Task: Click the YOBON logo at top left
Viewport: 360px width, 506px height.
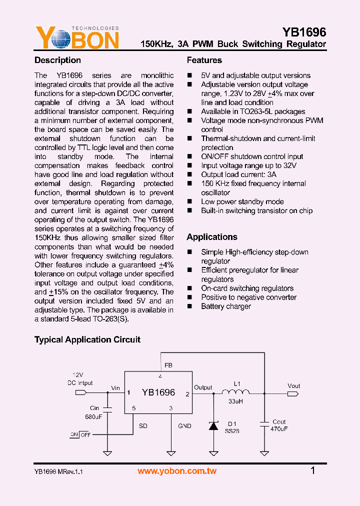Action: pos(77,38)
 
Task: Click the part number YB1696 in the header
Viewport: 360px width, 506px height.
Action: pos(304,32)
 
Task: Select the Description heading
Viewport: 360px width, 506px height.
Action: pos(57,60)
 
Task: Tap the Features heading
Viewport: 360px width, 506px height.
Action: pos(204,60)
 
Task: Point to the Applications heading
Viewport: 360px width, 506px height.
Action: pos(212,237)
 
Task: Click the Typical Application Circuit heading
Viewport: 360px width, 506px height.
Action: pos(87,340)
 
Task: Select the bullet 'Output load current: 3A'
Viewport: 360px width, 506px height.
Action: pos(238,174)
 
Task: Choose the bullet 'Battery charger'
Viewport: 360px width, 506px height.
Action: pos(226,306)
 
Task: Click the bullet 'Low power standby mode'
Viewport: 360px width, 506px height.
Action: pos(242,201)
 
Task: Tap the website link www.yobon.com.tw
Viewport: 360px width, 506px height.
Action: pos(177,471)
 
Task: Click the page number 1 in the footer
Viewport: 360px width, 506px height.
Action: pos(313,470)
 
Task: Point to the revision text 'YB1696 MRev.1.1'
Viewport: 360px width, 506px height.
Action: pos(58,471)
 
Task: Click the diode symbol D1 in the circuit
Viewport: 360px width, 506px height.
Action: pos(213,425)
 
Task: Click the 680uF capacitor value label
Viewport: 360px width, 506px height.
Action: pos(93,416)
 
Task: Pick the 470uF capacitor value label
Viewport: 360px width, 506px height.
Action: pos(279,429)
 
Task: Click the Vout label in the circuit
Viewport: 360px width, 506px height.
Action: pos(294,385)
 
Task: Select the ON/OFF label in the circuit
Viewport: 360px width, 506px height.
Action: pos(80,434)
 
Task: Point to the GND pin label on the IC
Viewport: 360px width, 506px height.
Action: pos(184,426)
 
